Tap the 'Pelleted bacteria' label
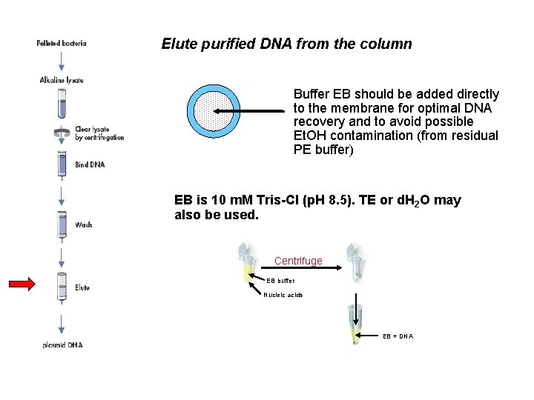coord(62,43)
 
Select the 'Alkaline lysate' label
coord(62,80)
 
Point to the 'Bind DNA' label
coord(90,164)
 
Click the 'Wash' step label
coord(83,224)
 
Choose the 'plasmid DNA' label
coord(62,345)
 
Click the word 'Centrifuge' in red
coord(298,261)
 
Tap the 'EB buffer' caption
coord(280,281)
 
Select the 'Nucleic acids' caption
coord(283,295)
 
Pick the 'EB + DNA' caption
coord(398,336)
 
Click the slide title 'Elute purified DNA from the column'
coord(286,44)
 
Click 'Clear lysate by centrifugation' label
coord(99,133)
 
